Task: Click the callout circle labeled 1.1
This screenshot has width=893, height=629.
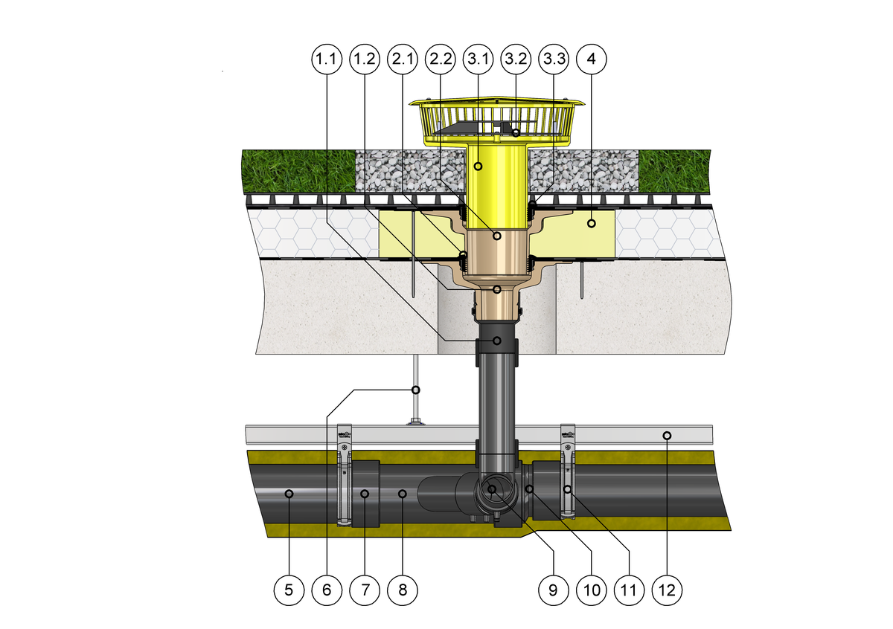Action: click(327, 59)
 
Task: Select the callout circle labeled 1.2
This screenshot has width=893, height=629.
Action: click(365, 59)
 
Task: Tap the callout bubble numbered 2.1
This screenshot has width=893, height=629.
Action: click(403, 59)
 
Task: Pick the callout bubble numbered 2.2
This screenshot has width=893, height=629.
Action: click(441, 59)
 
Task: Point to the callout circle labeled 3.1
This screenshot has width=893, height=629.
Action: click(478, 59)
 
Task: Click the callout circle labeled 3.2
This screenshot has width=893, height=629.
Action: click(516, 59)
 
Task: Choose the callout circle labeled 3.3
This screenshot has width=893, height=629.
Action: click(554, 59)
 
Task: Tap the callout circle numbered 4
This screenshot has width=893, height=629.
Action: click(592, 59)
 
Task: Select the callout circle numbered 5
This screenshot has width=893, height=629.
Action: click(289, 590)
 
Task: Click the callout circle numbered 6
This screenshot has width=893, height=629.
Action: click(327, 590)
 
